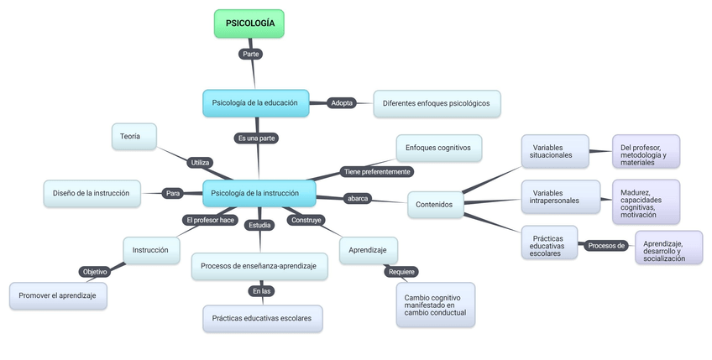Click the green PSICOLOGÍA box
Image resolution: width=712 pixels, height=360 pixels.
coord(249,23)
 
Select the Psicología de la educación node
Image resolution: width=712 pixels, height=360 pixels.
coord(255,102)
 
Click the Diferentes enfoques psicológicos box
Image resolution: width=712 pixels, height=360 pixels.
coord(437,103)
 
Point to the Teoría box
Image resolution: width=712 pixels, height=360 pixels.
coord(134,136)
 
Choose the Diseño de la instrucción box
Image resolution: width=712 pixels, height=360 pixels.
coord(91,193)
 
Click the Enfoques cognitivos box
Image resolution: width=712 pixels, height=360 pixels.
coord(438,148)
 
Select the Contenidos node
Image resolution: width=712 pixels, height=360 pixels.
coord(435,204)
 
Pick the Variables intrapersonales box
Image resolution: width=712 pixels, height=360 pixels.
coord(560,197)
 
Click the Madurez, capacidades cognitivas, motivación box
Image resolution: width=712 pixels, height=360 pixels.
coord(645,201)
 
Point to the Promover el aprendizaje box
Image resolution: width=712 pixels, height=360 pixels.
coord(58,296)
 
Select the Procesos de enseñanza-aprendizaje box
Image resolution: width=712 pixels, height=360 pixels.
coord(259,266)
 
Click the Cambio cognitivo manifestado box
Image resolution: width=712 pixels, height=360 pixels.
coord(435,305)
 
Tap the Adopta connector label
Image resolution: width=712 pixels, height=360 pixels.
coord(343,103)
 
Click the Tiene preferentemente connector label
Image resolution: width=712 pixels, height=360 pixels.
coord(377,171)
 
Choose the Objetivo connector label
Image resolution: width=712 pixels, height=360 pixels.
coord(94,272)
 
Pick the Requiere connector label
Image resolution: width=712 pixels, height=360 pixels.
coord(400,272)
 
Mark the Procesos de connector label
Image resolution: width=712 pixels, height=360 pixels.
coord(605,246)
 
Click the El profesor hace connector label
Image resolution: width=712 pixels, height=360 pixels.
coord(210,220)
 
